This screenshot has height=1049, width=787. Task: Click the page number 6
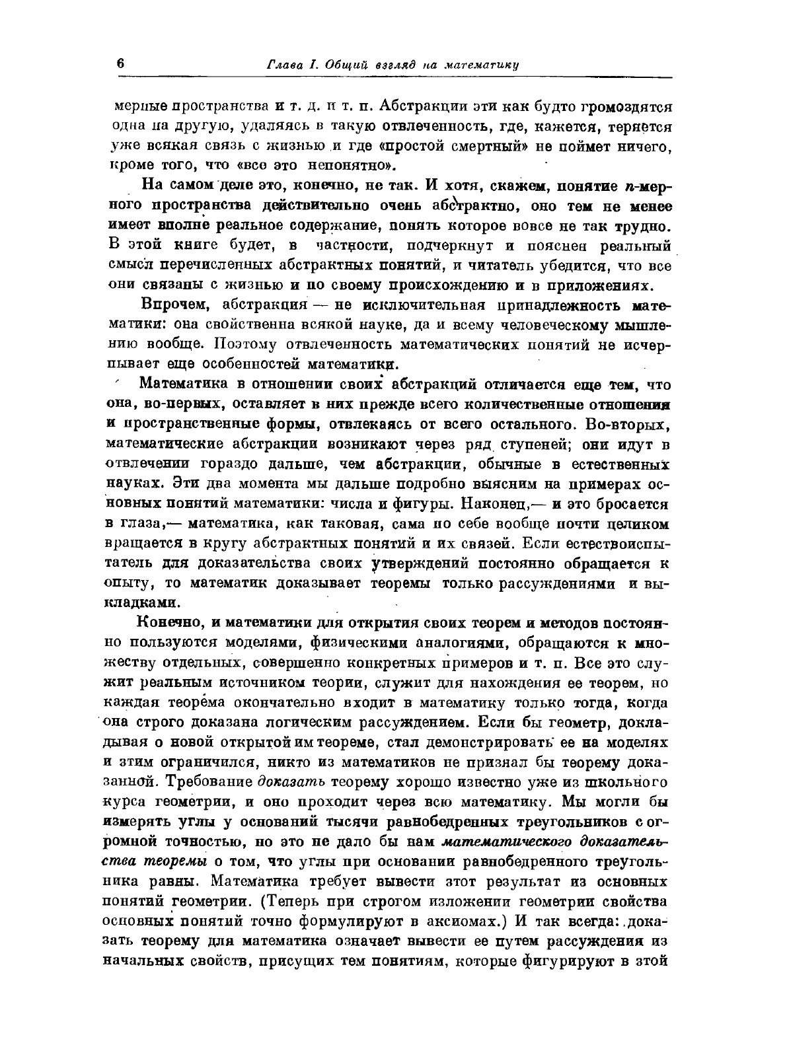point(120,63)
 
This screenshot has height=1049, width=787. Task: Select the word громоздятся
point(626,106)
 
